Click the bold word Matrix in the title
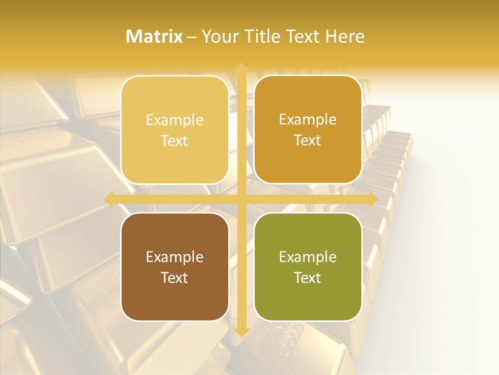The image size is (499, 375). (154, 36)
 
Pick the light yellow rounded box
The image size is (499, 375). (175, 130)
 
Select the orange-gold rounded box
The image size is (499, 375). (308, 130)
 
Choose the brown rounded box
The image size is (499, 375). (175, 267)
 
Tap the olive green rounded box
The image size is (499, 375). (308, 267)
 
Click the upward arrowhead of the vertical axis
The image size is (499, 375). (241, 67)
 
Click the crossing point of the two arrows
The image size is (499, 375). (241, 199)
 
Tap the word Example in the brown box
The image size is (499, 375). (175, 257)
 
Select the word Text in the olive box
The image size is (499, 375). (308, 278)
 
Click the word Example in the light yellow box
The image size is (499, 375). (175, 120)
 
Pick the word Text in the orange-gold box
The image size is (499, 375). (308, 141)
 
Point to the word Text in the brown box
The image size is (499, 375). (175, 278)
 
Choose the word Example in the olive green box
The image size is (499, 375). (308, 257)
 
